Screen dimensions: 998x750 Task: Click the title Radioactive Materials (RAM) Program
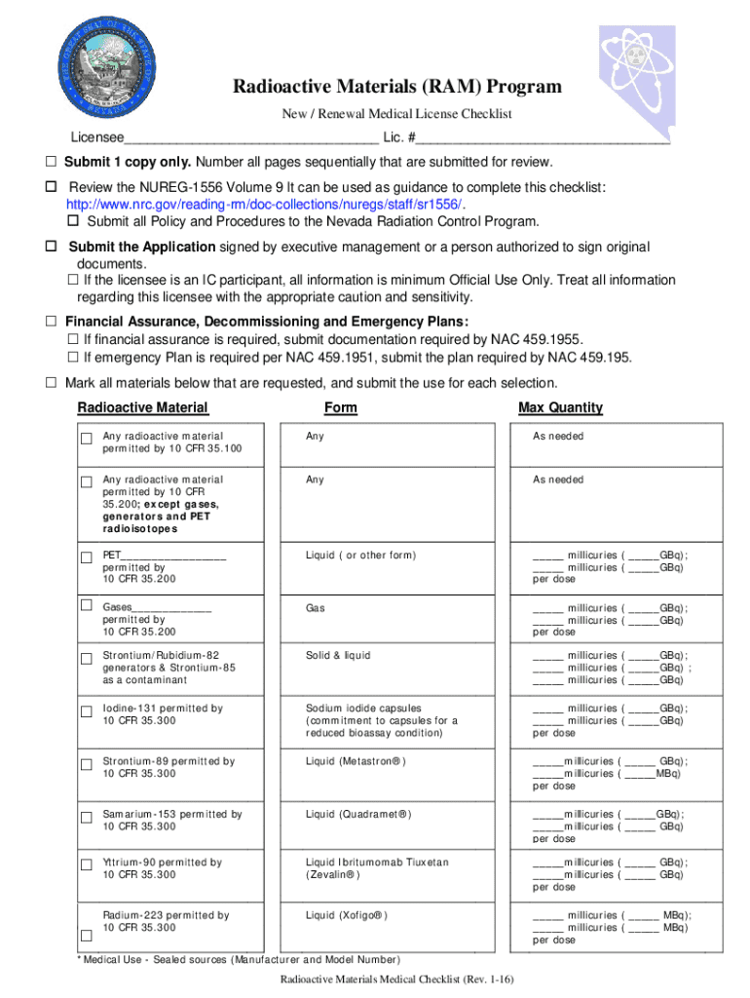coord(396,87)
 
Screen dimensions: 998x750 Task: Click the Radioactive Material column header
coord(142,407)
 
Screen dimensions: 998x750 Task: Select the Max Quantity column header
coord(561,407)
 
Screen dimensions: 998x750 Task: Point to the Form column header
coord(340,407)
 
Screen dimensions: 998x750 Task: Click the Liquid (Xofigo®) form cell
coord(347,915)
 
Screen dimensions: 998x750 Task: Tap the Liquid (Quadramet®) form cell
coord(358,814)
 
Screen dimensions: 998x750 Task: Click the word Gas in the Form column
coord(315,608)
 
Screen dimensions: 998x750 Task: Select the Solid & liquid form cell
coord(338,656)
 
